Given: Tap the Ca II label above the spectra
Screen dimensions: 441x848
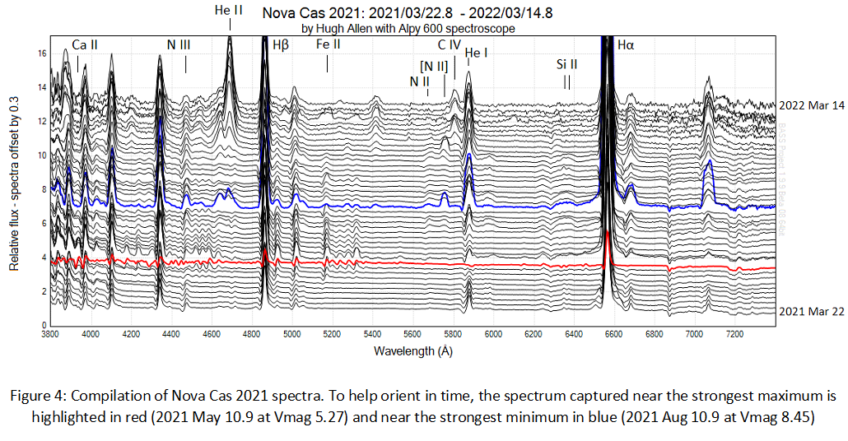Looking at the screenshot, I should pyautogui.click(x=85, y=45).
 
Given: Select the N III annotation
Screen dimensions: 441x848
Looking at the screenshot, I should pyautogui.click(x=179, y=45).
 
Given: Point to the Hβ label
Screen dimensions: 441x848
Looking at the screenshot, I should pyautogui.click(x=281, y=45).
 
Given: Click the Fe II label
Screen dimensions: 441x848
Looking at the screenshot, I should pyautogui.click(x=328, y=45).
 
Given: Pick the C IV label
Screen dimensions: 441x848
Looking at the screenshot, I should pyautogui.click(x=449, y=45).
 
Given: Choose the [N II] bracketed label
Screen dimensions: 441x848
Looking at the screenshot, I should pyautogui.click(x=433, y=65).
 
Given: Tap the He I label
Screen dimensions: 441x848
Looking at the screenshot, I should pyautogui.click(x=477, y=54).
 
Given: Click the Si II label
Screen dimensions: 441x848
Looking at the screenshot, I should pyautogui.click(x=566, y=63).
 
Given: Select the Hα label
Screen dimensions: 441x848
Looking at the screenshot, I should pyautogui.click(x=626, y=45).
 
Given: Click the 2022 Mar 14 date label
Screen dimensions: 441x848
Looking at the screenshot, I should pyautogui.click(x=811, y=106).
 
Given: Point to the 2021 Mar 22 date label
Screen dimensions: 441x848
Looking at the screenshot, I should pyautogui.click(x=811, y=311).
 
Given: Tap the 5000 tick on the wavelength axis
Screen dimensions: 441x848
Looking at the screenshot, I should pyautogui.click(x=291, y=336).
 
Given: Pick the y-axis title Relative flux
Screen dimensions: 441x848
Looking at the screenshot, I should pyautogui.click(x=14, y=186).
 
